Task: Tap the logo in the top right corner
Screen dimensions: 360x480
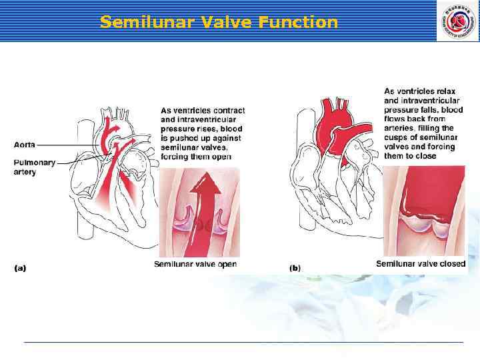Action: click(457, 21)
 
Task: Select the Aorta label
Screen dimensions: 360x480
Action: click(25, 144)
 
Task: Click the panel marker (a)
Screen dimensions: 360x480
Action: click(20, 268)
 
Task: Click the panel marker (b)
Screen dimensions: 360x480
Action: click(295, 268)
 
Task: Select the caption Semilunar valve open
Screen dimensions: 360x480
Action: click(195, 265)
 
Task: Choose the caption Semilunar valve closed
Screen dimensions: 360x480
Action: click(421, 265)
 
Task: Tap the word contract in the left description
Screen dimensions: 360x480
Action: click(228, 111)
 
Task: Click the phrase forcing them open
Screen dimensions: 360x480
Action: click(196, 157)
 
